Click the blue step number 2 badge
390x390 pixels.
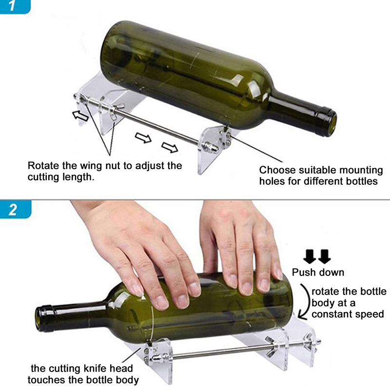pos(15,210)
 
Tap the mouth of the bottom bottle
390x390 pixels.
pos(41,319)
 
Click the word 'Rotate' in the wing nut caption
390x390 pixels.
pos(43,166)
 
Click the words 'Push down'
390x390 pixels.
pos(318,273)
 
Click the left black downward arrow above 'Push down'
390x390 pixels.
pos(310,256)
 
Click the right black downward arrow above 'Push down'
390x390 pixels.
pos(324,256)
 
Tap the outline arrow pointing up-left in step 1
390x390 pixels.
pos(80,116)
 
